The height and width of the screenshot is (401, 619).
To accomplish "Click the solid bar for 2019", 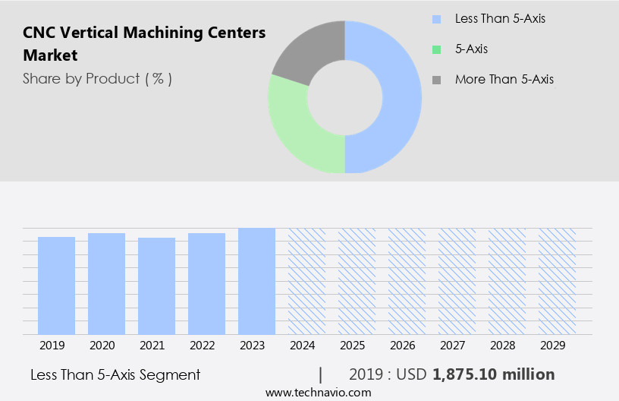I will pyautogui.click(x=56, y=286).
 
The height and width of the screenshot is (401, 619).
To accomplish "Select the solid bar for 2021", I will pyautogui.click(x=156, y=286).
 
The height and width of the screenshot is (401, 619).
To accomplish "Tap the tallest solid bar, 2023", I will pyautogui.click(x=256, y=281).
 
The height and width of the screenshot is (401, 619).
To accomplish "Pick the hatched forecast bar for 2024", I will pyautogui.click(x=306, y=281).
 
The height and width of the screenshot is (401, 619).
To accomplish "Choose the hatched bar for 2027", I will pyautogui.click(x=457, y=281).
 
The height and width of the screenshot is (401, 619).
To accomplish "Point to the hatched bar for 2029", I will pyautogui.click(x=557, y=281).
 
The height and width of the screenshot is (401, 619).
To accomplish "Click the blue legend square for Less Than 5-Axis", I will pyautogui.click(x=436, y=18).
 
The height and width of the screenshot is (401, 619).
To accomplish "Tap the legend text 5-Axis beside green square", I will pyautogui.click(x=471, y=49).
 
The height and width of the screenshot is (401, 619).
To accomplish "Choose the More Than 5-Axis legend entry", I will pyautogui.click(x=504, y=79).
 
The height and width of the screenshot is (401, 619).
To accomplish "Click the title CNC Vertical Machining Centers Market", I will pyautogui.click(x=144, y=44).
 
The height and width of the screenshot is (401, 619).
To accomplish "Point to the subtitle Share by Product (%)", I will pyautogui.click(x=97, y=78).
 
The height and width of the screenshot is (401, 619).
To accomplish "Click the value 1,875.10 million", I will pyautogui.click(x=494, y=374).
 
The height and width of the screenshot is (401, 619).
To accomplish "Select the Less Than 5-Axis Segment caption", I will pyautogui.click(x=115, y=374).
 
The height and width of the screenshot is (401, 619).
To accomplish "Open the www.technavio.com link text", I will pyautogui.click(x=318, y=392).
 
